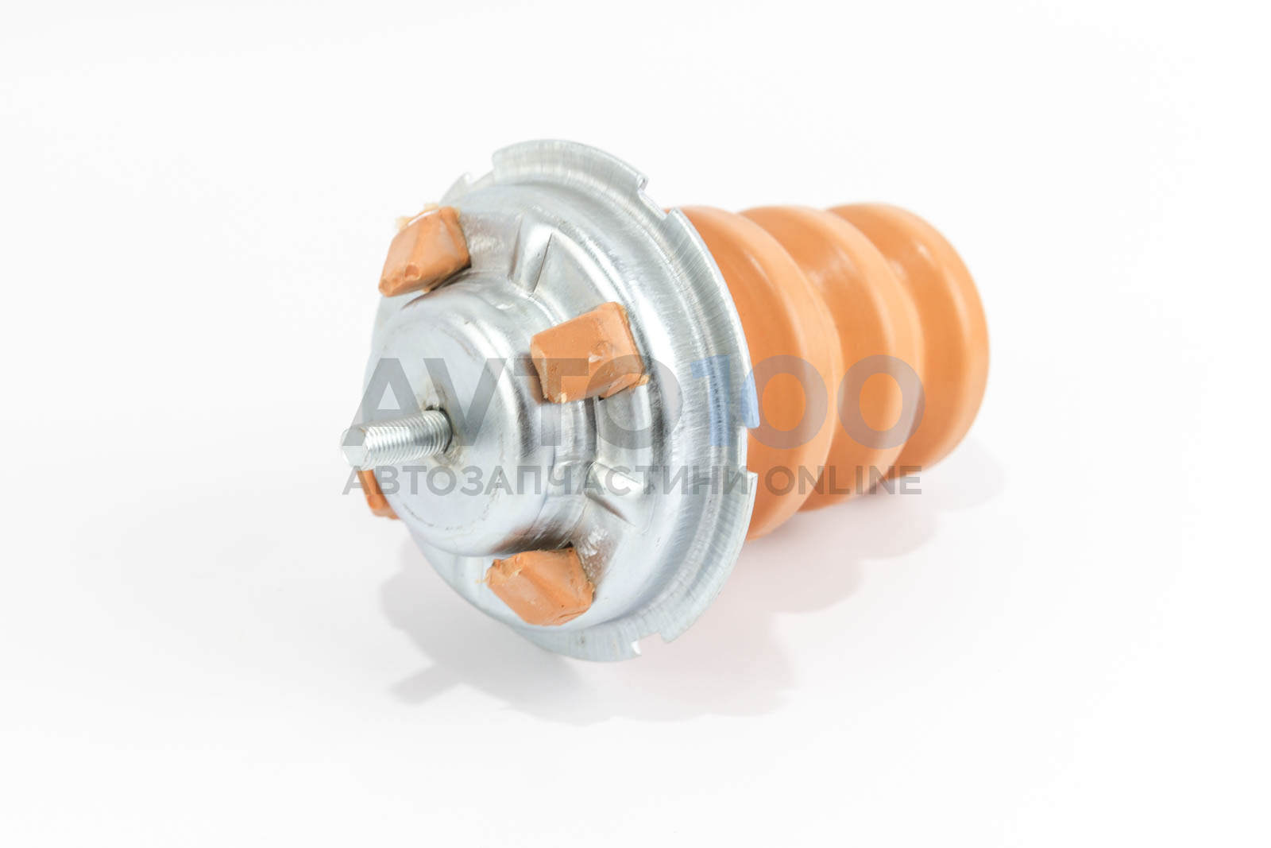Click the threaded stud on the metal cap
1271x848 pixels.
(396, 439)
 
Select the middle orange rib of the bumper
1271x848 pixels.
(851, 341)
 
